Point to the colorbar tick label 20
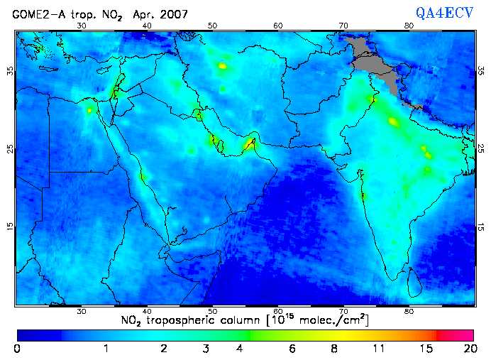468,349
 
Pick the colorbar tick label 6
292,349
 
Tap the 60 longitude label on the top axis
278,26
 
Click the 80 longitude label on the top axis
409,26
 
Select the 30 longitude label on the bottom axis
82,311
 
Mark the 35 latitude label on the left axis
10,71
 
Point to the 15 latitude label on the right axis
480,226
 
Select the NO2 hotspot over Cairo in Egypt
90,110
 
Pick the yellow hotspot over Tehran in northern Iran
223,66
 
